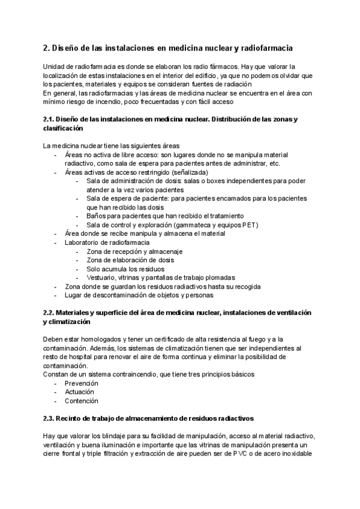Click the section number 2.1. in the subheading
(x=49, y=119)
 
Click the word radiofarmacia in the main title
(x=267, y=47)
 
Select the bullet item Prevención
(x=82, y=383)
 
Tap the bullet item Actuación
(x=80, y=392)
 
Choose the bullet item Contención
(x=82, y=401)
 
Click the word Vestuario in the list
(x=103, y=277)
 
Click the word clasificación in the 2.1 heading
(x=64, y=128)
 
